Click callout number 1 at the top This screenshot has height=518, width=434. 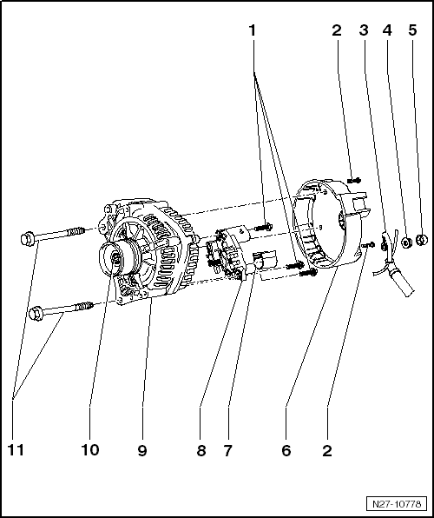(253, 30)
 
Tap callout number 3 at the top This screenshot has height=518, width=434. (364, 30)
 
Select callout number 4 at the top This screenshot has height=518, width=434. (387, 30)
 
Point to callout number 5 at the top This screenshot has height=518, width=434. (412, 30)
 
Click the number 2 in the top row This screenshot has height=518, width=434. (337, 30)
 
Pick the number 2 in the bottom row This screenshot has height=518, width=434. (327, 450)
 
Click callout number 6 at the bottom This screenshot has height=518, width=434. (286, 450)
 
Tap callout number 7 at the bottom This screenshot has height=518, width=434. (227, 450)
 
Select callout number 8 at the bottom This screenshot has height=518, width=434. (201, 450)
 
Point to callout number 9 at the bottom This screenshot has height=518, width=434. (142, 450)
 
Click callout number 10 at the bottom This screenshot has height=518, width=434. (89, 450)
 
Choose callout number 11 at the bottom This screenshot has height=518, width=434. (16, 450)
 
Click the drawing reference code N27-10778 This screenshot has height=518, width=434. (397, 504)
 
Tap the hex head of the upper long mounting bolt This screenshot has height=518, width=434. (26, 238)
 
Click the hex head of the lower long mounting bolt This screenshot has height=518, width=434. (36, 313)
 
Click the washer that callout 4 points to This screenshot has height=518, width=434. (405, 242)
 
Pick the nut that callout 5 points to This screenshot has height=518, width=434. (422, 240)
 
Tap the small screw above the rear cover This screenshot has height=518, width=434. (354, 181)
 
